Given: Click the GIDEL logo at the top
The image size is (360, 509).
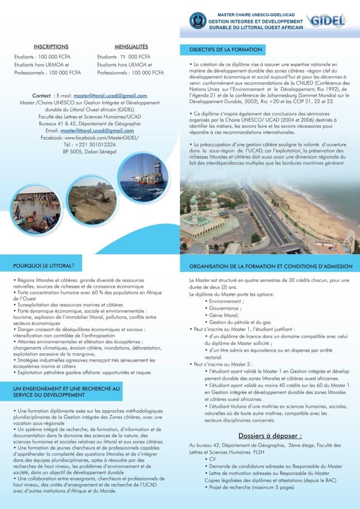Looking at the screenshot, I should pos(327,21).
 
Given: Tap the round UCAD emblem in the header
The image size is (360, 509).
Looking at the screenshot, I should pos(197,21).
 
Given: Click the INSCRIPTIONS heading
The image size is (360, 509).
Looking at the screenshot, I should pos(51,47).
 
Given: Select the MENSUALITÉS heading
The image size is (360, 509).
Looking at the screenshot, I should pos(131,47).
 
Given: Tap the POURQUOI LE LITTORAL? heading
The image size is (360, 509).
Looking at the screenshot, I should pos(44,266).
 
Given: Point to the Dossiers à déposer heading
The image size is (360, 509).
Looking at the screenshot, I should pos(270,436).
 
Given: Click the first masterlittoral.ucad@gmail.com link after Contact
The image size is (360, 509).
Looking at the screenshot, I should pos(110,96).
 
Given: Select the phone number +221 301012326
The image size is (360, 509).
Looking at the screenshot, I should pos(96,144).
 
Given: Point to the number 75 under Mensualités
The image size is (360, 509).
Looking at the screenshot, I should pos(123,57).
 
